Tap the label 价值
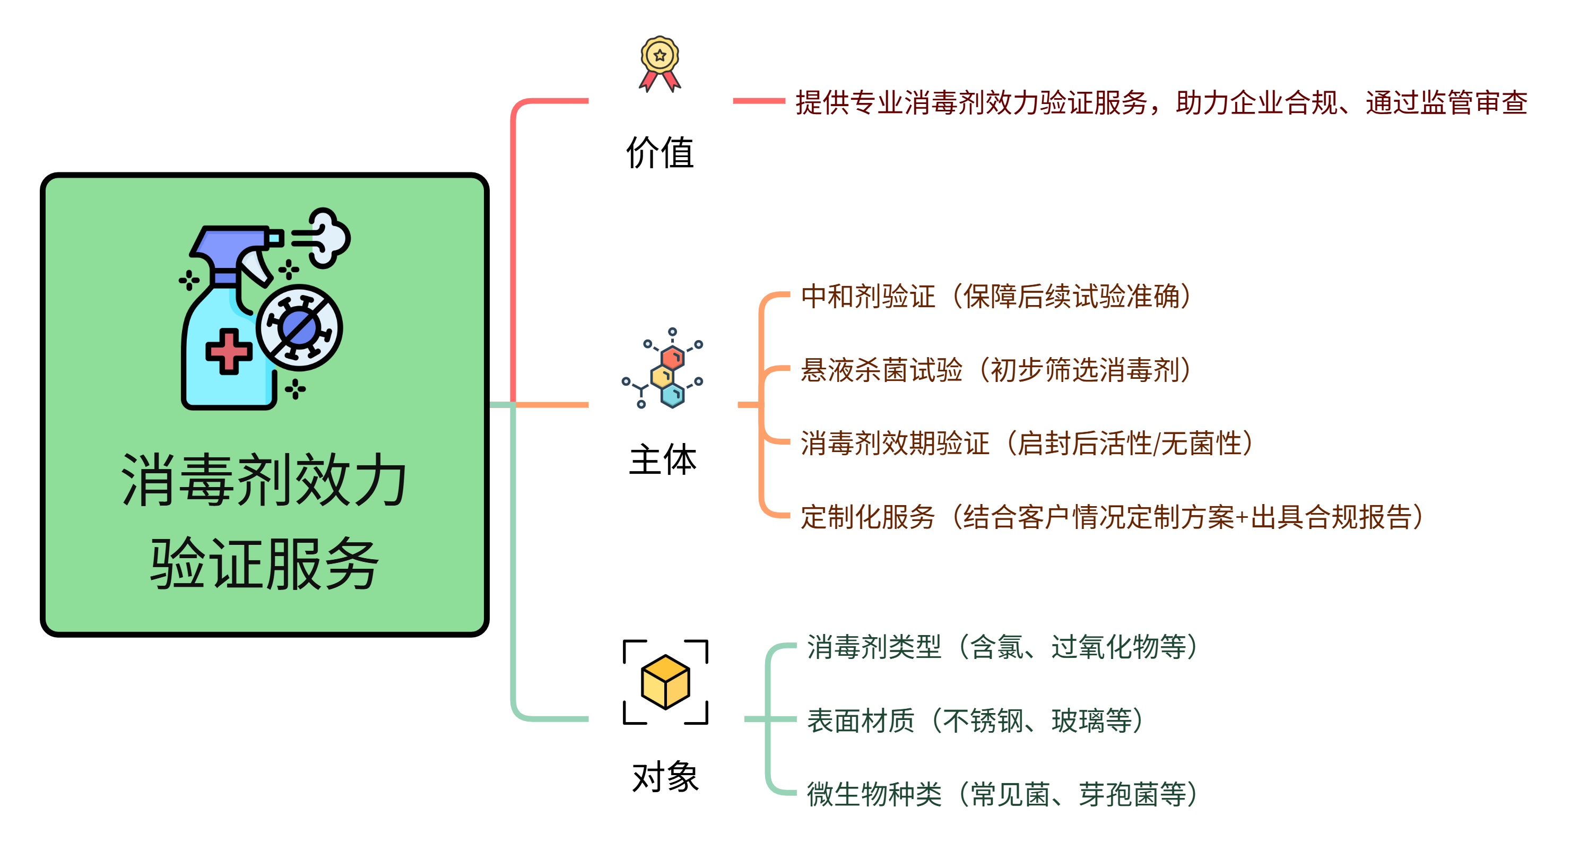(x=660, y=153)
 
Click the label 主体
(x=663, y=459)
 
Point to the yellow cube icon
(x=665, y=681)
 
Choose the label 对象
(x=665, y=777)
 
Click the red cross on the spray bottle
(x=229, y=352)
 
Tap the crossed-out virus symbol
(x=299, y=327)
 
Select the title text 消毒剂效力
(x=264, y=480)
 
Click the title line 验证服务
(x=264, y=564)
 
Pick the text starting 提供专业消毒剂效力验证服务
(x=1161, y=102)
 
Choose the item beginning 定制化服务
(x=1112, y=517)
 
